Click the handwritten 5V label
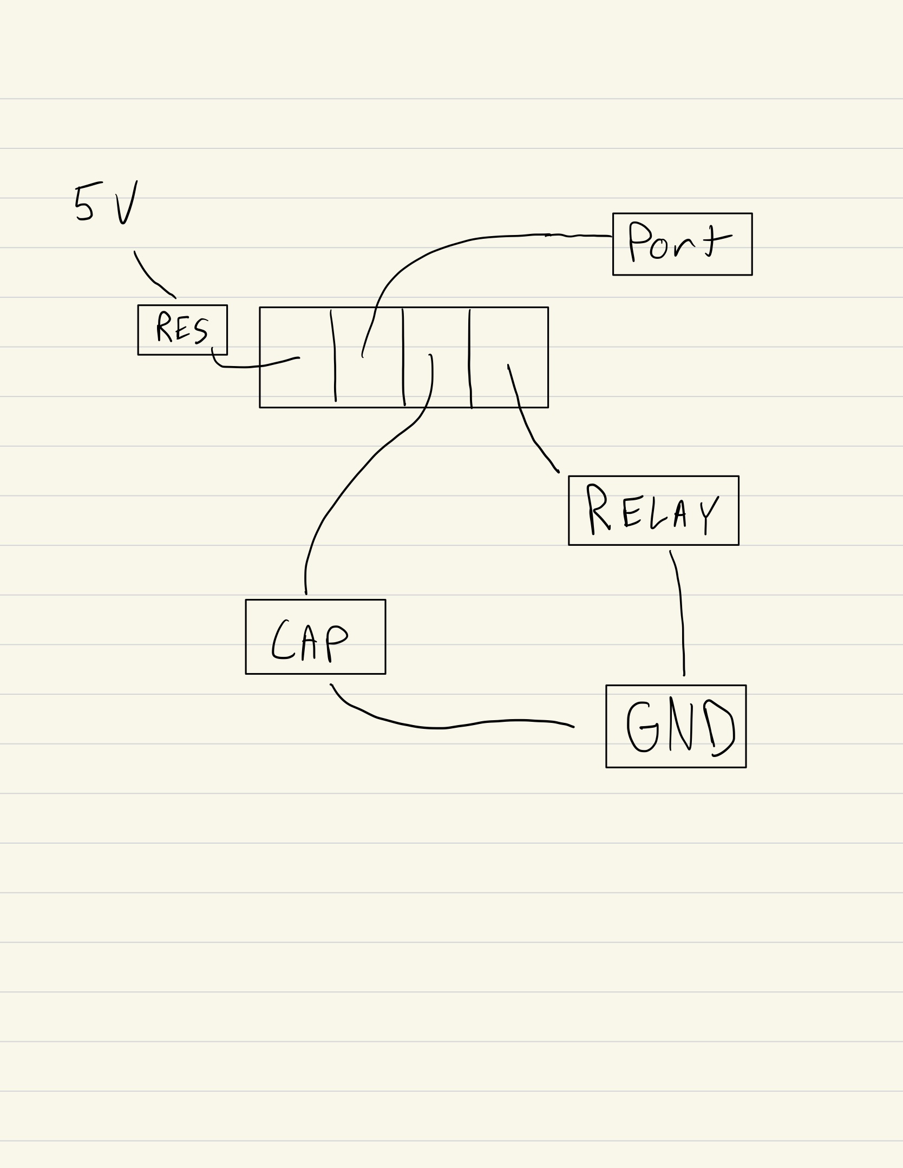click(106, 203)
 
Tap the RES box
click(182, 330)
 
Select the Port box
click(682, 244)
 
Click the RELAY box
click(653, 511)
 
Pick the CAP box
click(316, 637)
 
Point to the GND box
click(676, 726)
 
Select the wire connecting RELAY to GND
click(680, 612)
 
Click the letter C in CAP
click(280, 641)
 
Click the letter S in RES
click(200, 330)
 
